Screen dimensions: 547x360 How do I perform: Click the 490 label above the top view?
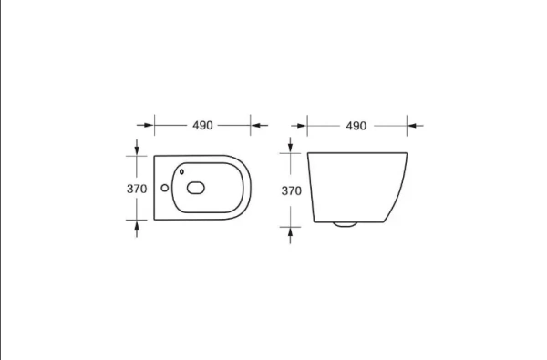pos(202,125)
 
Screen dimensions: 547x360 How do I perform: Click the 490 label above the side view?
pos(356,126)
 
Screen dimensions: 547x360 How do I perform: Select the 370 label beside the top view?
pos(137,189)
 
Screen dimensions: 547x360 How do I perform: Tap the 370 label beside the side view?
pos(292,190)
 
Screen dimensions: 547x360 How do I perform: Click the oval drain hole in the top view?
pos(196,188)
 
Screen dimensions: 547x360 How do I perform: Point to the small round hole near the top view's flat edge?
pos(165,188)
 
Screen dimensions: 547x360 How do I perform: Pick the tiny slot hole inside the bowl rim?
pos(181,171)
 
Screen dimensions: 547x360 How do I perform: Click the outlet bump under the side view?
pos(345,224)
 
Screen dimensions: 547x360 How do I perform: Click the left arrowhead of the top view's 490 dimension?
pos(149,125)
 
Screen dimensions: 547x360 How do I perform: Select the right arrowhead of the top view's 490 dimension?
pos(255,125)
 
